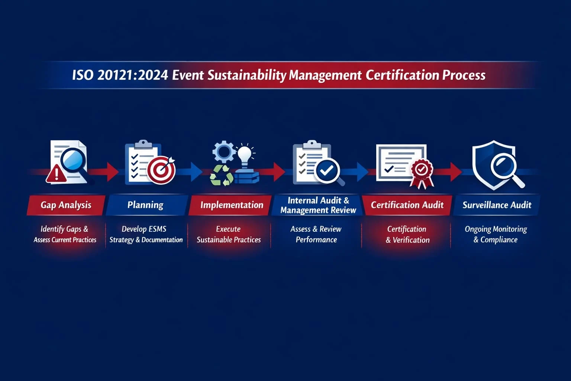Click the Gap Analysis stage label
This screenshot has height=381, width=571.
pyautogui.click(x=66, y=205)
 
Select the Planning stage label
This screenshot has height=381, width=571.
pyautogui.click(x=145, y=205)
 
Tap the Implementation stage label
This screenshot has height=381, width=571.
pyautogui.click(x=232, y=205)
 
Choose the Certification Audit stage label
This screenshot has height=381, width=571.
pyautogui.click(x=407, y=205)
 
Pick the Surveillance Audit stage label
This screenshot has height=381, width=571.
pyautogui.click(x=497, y=205)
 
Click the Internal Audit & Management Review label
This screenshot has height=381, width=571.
pyautogui.click(x=318, y=205)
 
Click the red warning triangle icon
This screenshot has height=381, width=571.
pyautogui.click(x=56, y=174)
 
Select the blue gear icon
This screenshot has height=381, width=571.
pyautogui.click(x=224, y=151)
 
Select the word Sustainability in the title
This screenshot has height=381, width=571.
pyautogui.click(x=246, y=75)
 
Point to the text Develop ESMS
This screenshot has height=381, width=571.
pyautogui.click(x=144, y=229)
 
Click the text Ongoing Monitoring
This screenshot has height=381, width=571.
pyautogui.click(x=496, y=229)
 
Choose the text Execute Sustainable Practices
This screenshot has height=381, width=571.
pyautogui.click(x=229, y=234)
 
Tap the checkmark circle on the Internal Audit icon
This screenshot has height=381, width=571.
pyautogui.click(x=327, y=170)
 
